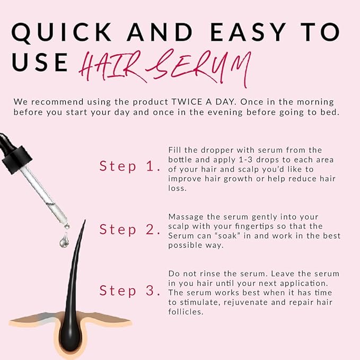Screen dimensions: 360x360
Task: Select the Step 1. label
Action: click(130, 166)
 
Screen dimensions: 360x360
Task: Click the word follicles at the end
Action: click(186, 312)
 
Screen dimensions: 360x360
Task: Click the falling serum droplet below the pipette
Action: click(64, 241)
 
